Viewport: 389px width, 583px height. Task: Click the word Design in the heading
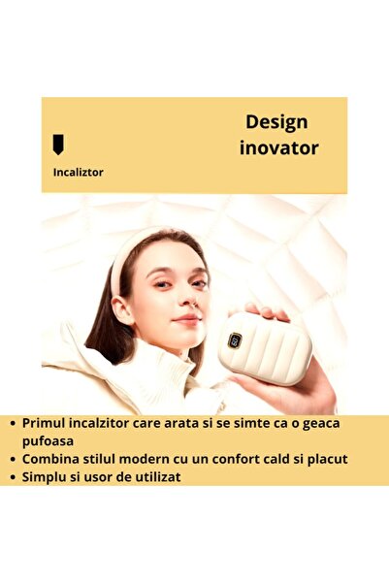276,122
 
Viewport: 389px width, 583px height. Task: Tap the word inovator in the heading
278,148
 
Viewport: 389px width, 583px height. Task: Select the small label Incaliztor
78,172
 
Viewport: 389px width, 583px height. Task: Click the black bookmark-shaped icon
58,145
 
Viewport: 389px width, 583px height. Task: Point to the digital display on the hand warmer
235,340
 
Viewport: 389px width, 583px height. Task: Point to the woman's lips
186,317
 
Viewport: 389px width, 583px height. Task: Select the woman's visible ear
122,309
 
